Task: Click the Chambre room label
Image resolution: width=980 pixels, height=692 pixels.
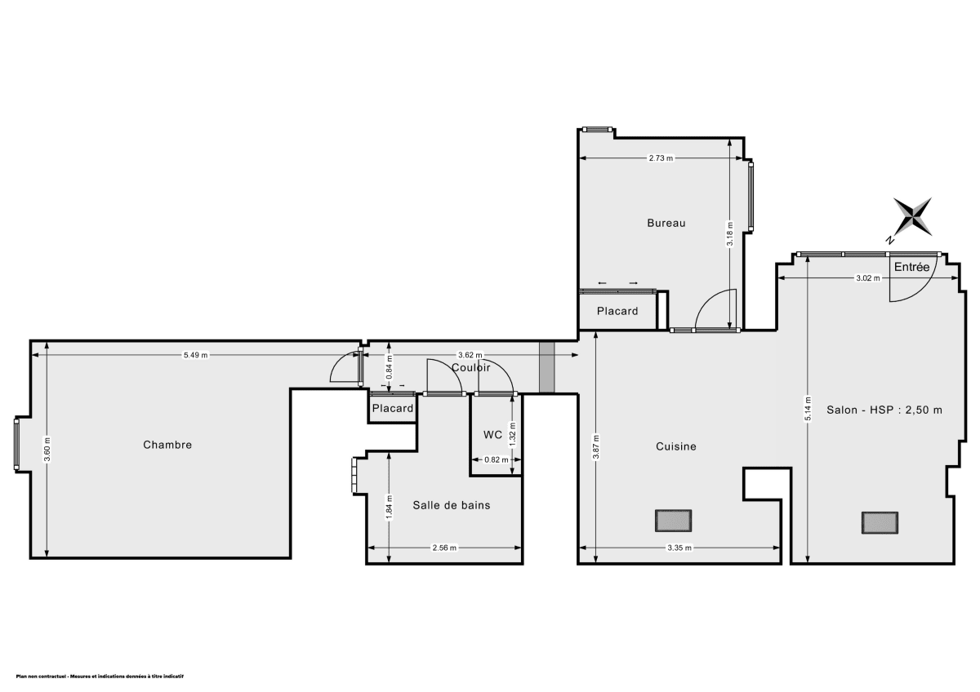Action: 167,445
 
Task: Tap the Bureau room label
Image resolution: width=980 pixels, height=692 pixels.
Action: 666,223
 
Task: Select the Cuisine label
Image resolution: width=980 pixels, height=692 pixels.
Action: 676,446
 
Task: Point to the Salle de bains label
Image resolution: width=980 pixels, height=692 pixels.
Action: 452,505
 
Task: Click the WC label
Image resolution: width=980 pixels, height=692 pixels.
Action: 492,434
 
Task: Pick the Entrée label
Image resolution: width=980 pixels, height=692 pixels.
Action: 911,267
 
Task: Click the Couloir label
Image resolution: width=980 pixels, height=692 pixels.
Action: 471,368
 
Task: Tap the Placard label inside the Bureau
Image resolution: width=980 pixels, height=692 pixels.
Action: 617,311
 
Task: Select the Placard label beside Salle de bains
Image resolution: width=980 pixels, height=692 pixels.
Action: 393,408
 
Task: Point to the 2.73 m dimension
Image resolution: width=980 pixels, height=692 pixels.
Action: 661,158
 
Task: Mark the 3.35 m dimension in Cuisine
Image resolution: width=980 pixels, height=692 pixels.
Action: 679,548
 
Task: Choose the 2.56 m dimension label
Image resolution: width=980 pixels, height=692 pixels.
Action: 444,548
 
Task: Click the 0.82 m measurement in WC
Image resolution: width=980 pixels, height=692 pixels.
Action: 497,459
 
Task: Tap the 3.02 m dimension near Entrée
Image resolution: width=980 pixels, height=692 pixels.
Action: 868,278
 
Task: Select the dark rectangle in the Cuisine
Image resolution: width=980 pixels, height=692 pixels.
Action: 673,520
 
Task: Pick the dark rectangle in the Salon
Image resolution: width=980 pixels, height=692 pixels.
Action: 880,522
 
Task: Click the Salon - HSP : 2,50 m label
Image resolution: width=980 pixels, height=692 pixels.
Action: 884,410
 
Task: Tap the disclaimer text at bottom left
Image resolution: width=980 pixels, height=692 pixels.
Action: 100,676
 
